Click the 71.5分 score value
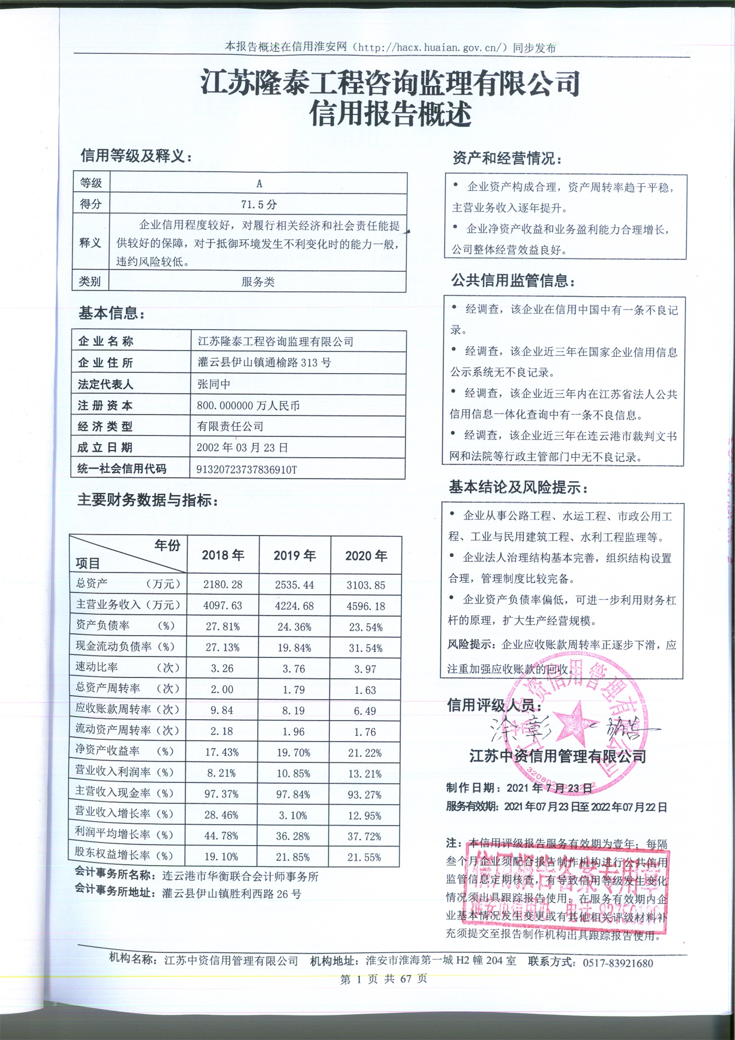pos(259,204)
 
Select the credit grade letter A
pos(259,183)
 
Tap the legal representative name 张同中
pos(214,384)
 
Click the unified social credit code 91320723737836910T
pos(247,469)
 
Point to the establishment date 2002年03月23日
pos(242,448)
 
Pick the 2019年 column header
pos(295,556)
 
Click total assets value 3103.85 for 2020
pos(366,585)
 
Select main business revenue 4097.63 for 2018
pos(223,606)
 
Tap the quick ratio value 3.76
pos(294,669)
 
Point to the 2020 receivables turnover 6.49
pos(365,711)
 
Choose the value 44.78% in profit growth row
pos(221,836)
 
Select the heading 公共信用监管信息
pos(513,281)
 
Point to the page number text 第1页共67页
pos(384,979)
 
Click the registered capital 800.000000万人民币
pos(248,406)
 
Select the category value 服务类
pos(258,282)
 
